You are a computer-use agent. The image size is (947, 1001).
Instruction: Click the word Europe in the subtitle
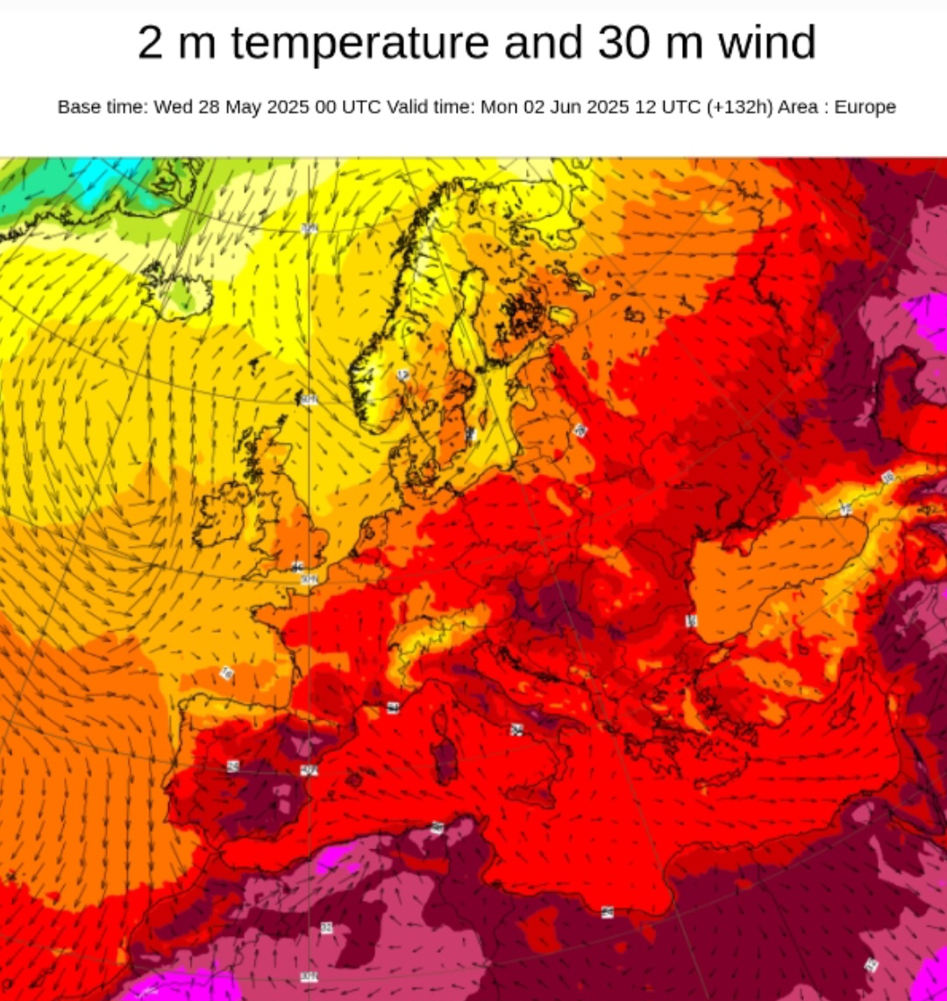(x=865, y=107)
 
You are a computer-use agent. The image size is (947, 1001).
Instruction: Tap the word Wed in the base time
(x=173, y=107)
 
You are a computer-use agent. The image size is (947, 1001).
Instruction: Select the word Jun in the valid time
(x=569, y=107)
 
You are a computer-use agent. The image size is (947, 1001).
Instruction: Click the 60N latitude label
(x=309, y=400)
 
